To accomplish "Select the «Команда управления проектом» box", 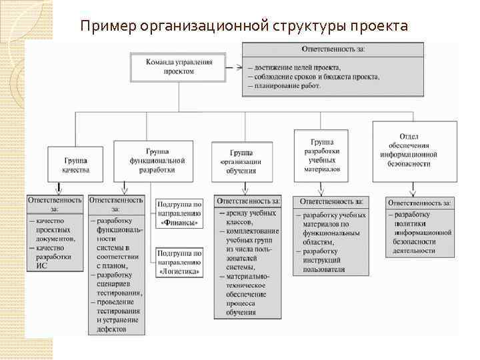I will point(179,66).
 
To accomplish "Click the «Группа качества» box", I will point(75,165).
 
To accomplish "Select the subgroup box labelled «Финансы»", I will point(179,213).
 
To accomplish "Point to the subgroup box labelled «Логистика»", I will point(179,262).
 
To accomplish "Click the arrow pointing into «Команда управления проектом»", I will point(234,67).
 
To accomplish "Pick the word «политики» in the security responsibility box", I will point(413,223).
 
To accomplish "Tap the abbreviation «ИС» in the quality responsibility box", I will point(41,265).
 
